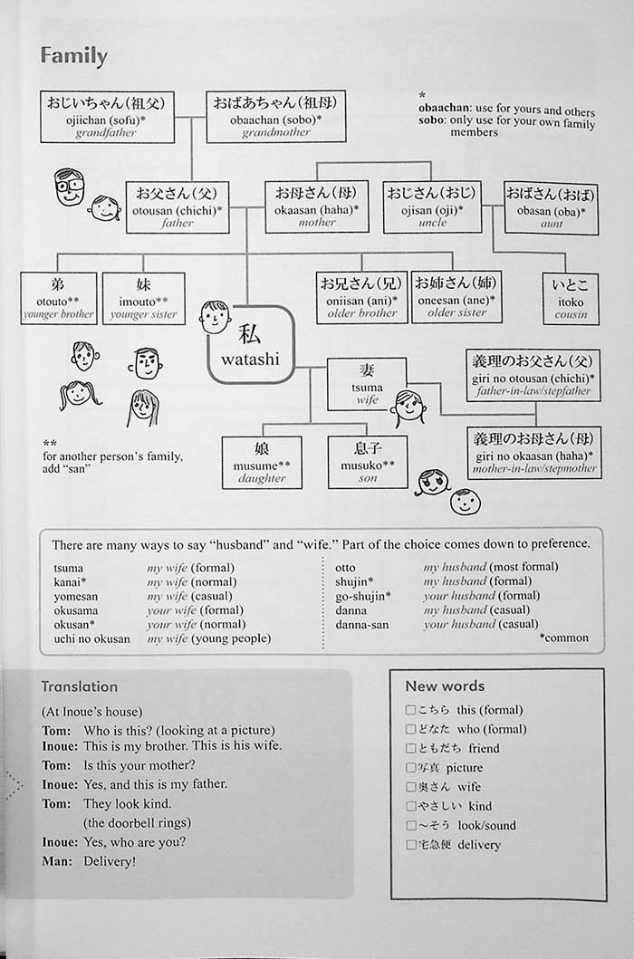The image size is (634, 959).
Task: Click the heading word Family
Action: [74, 56]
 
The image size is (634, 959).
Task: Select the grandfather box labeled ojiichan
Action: [107, 117]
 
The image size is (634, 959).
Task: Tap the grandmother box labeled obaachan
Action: [275, 117]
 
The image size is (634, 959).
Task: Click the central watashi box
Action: [251, 344]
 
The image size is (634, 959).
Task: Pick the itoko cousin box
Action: [571, 299]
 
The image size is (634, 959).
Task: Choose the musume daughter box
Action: [262, 462]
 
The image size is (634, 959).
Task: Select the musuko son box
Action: [367, 462]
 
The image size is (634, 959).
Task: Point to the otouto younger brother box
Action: [59, 299]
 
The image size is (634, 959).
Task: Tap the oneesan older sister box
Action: [456, 297]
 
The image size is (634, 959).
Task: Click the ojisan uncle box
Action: [432, 207]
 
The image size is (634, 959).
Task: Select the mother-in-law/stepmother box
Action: [533, 452]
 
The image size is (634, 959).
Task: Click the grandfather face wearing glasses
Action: [69, 187]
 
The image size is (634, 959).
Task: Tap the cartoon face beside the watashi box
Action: [215, 317]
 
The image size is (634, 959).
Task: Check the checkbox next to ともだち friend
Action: [410, 748]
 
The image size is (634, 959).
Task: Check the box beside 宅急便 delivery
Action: [410, 844]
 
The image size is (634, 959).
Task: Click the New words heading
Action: [445, 686]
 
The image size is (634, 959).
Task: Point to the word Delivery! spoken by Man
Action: [110, 861]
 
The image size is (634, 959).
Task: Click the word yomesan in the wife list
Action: [76, 596]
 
